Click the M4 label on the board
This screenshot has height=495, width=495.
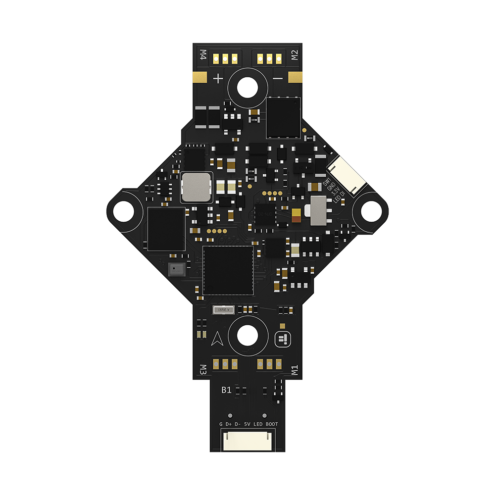pyautogui.click(x=202, y=54)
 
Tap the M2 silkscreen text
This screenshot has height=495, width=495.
pyautogui.click(x=294, y=54)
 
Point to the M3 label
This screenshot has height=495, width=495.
pyautogui.click(x=202, y=369)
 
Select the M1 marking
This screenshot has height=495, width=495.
pyautogui.click(x=294, y=370)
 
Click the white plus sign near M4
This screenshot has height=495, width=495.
pyautogui.click(x=218, y=78)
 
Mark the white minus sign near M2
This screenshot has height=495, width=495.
pyautogui.click(x=278, y=78)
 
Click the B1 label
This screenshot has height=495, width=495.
pyautogui.click(x=226, y=390)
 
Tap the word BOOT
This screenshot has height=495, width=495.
pyautogui.click(x=272, y=424)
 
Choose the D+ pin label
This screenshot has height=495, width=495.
pyautogui.click(x=229, y=424)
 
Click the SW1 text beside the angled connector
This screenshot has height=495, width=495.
pyautogui.click(x=327, y=184)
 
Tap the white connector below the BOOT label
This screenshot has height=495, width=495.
pyautogui.click(x=247, y=440)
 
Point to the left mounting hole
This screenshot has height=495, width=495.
pyautogui.click(x=123, y=212)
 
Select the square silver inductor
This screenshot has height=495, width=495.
pyautogui.click(x=196, y=187)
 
